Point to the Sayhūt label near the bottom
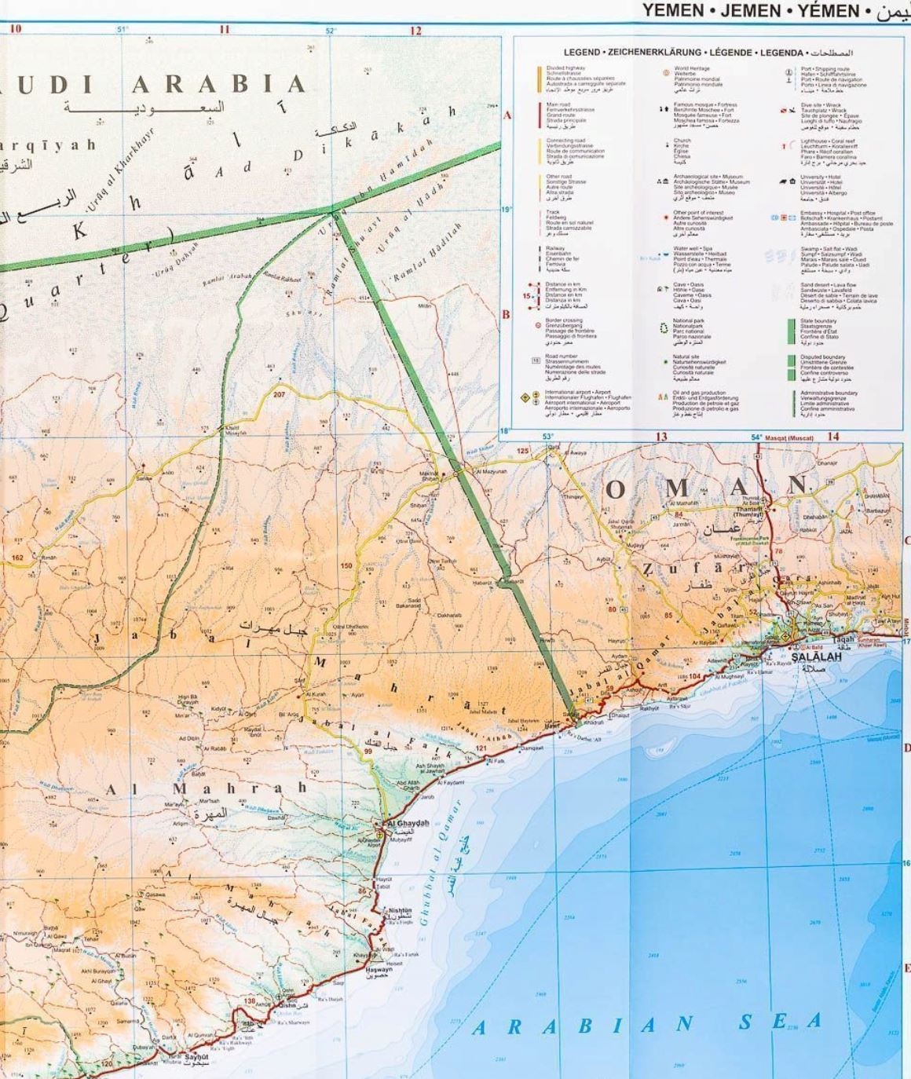196,1057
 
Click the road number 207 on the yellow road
280,393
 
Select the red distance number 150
346,565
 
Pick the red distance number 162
17,558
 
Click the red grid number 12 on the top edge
415,31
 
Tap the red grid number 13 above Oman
661,437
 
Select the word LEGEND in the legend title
582,53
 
